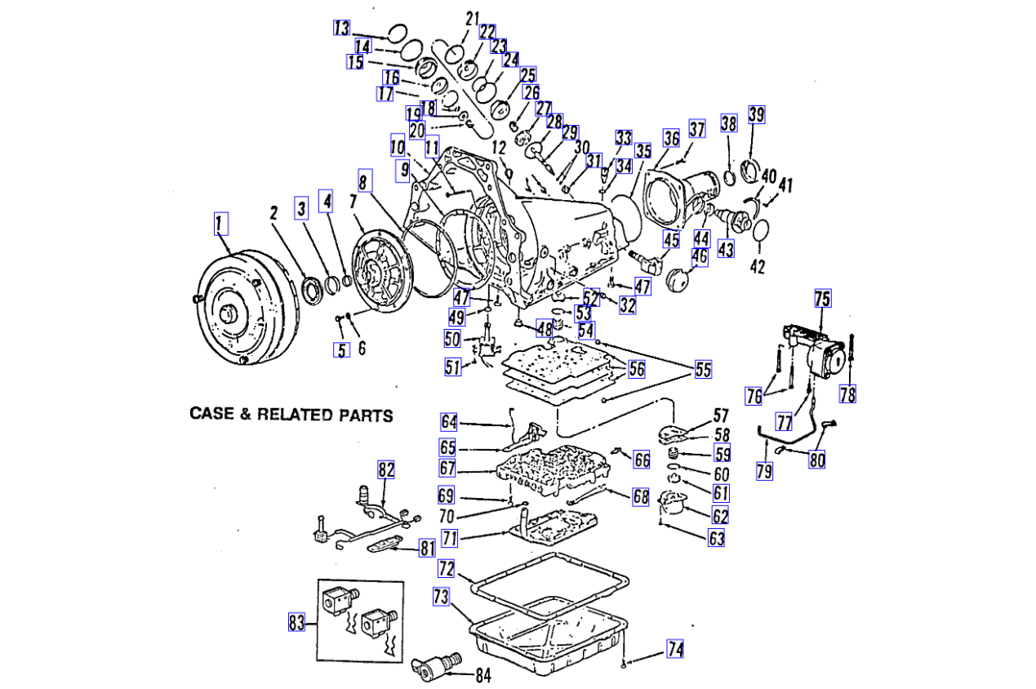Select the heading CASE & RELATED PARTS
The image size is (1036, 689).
[291, 415]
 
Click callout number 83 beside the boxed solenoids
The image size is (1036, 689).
[296, 623]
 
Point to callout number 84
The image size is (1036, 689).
[483, 675]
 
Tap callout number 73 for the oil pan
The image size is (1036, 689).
[441, 598]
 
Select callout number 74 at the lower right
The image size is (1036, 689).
[674, 649]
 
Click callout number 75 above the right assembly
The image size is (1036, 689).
[822, 299]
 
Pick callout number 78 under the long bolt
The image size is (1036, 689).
[847, 394]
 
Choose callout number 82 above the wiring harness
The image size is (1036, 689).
[386, 469]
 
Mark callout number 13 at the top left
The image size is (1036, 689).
[341, 28]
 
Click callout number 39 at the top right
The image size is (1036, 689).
[757, 114]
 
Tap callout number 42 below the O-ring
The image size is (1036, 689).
[758, 266]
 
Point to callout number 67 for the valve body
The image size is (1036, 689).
[447, 469]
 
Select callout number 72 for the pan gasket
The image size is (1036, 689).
[446, 567]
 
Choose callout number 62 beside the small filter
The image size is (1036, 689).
[720, 515]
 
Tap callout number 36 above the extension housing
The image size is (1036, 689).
[671, 139]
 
